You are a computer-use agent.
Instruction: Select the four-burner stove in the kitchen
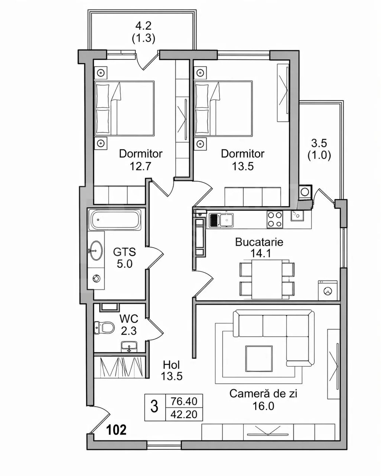tap(275, 220)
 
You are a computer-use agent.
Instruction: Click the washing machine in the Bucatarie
tap(328, 291)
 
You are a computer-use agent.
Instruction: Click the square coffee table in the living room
tap(259, 359)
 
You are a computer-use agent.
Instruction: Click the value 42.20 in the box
tap(184, 414)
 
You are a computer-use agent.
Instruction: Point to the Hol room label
tap(172, 364)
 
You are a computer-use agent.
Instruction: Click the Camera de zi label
tap(263, 394)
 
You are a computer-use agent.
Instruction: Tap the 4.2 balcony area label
tap(143, 26)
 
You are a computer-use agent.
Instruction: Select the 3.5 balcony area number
tap(319, 143)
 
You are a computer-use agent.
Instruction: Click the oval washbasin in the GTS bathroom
tap(96, 250)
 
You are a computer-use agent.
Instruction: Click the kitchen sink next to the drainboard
tap(227, 220)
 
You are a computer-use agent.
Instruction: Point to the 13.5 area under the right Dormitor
tap(242, 166)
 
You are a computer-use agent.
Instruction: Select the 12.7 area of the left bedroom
tap(140, 166)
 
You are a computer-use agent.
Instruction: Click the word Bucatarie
tap(259, 242)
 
